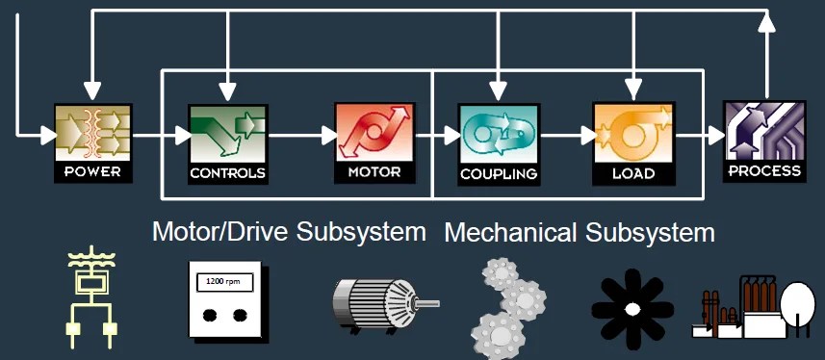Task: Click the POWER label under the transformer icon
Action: (x=92, y=173)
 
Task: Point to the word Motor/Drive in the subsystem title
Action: (x=221, y=232)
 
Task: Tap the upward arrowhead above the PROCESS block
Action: (x=766, y=22)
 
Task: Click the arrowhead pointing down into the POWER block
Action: (x=92, y=91)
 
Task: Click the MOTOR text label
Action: (x=374, y=174)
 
